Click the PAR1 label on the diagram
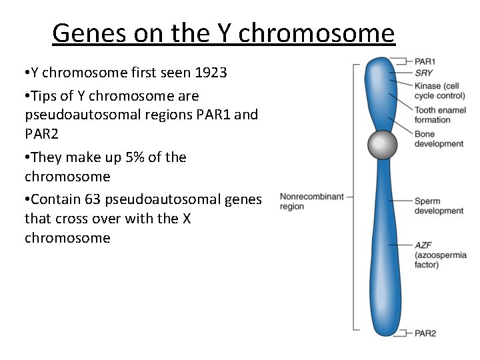[425, 61]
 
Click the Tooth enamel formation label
[439, 115]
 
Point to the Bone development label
[438, 139]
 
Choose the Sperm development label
[438, 206]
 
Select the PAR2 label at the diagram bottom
[425, 333]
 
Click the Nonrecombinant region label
[311, 201]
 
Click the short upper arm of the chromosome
[381, 93]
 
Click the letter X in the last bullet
[187, 219]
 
